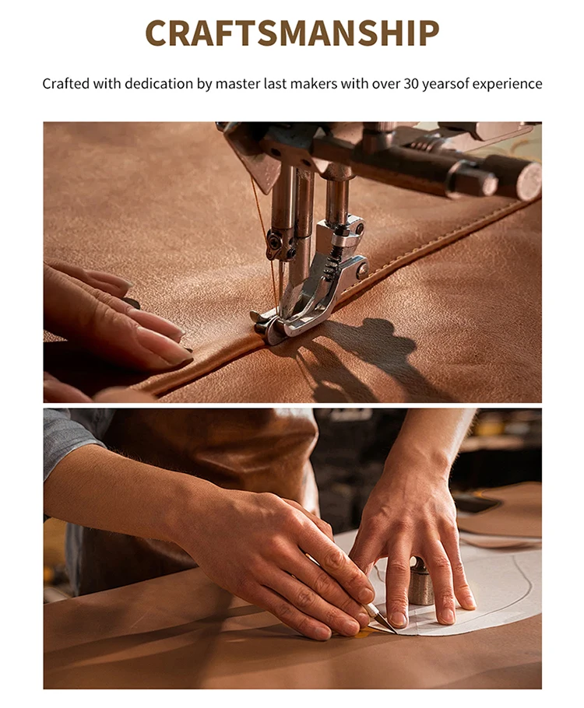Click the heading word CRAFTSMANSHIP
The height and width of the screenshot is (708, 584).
pos(292,33)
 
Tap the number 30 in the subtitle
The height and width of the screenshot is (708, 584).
pos(411,84)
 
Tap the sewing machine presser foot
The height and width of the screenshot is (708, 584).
pos(308,293)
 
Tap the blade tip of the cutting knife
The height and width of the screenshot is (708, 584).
pos(395,632)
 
